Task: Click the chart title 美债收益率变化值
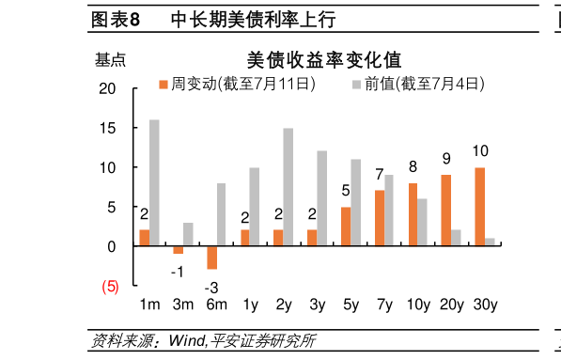point(323,59)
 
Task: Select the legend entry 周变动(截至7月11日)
point(238,85)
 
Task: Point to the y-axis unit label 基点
point(110,60)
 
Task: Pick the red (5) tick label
point(110,287)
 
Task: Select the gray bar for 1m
point(154,182)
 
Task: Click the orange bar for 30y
point(480,207)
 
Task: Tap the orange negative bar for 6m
point(212,257)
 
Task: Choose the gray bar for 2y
point(288,187)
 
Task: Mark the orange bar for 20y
point(446,211)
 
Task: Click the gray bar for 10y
point(423,222)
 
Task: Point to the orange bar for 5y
point(346,227)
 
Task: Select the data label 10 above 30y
point(480,150)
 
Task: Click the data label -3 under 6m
point(211,287)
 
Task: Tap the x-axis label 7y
point(383,305)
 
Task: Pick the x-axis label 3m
point(182,305)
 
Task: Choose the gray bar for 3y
point(322,198)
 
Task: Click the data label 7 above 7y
point(380,175)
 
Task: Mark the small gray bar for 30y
point(491,242)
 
